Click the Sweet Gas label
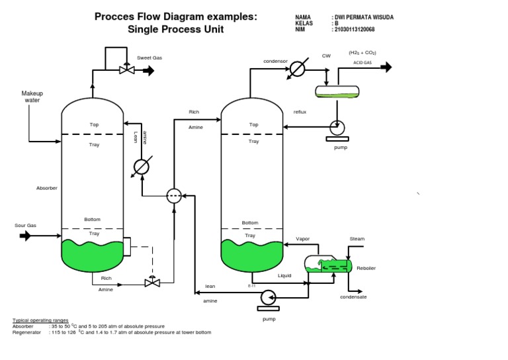149,58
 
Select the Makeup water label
32,97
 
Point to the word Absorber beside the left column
46,188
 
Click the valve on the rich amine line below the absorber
152,282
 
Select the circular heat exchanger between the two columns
173,195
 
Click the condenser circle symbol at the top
298,68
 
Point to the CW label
326,56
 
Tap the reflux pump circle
337,128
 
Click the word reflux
300,112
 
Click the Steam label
357,238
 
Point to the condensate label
353,297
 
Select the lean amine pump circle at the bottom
269,296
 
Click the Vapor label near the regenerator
302,238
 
